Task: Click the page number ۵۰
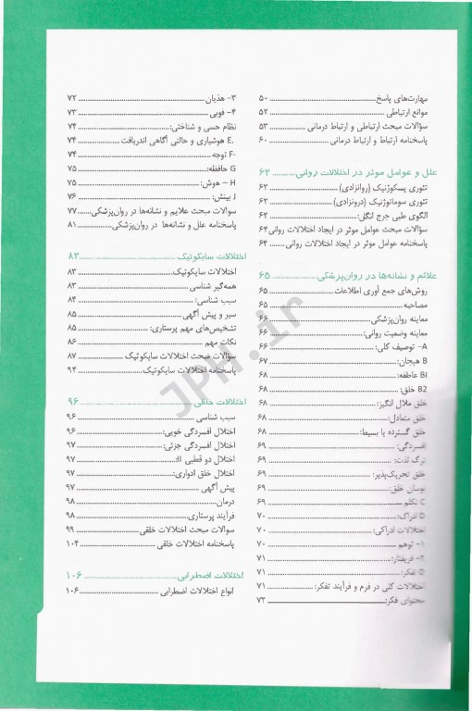coord(263,97)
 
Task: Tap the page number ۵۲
coord(263,111)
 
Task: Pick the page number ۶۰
coord(263,140)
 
